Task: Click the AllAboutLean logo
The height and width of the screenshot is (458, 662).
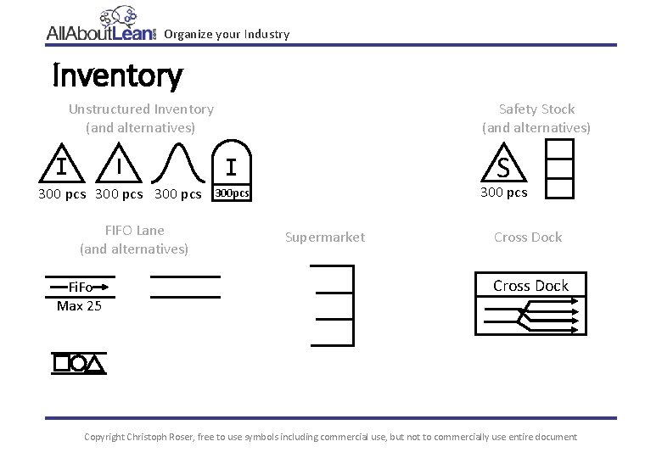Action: pyautogui.click(x=102, y=27)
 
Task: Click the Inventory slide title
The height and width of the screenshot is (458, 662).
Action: pyautogui.click(x=117, y=76)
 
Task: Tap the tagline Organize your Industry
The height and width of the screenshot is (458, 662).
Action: pyautogui.click(x=227, y=35)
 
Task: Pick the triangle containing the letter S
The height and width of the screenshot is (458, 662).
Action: pyautogui.click(x=503, y=166)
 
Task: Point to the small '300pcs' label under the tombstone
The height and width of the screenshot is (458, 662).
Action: pyautogui.click(x=231, y=193)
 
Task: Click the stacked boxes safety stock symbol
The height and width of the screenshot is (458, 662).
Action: pyautogui.click(x=559, y=169)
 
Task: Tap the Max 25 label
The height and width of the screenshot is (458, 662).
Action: pyautogui.click(x=79, y=305)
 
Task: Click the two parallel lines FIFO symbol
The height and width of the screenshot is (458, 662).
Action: pyautogui.click(x=185, y=287)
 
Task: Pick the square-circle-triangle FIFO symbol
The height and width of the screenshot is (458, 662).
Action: pyautogui.click(x=79, y=363)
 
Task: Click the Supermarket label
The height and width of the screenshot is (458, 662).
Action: pyautogui.click(x=325, y=237)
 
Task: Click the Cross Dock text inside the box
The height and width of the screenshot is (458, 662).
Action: pyautogui.click(x=530, y=286)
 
